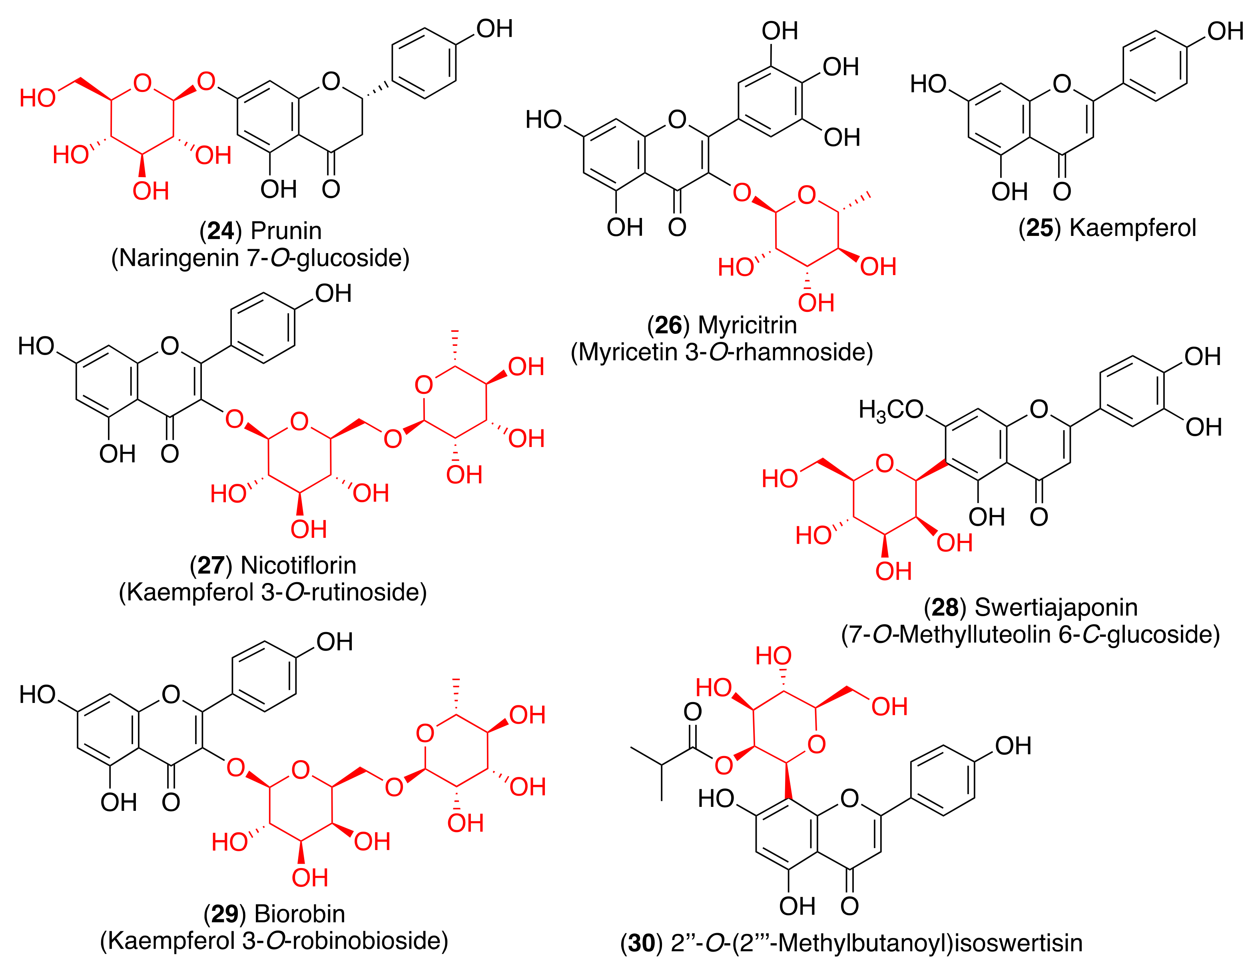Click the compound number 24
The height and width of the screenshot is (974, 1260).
pyautogui.click(x=220, y=231)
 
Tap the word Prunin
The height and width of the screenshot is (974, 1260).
pyautogui.click(x=286, y=231)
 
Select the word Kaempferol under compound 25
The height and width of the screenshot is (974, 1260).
pyautogui.click(x=1132, y=228)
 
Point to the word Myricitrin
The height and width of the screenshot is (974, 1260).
pyautogui.click(x=747, y=325)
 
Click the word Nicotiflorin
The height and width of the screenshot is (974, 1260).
pyautogui.click(x=298, y=565)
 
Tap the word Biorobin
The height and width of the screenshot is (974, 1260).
pyautogui.click(x=299, y=914)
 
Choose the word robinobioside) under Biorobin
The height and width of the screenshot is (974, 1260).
pyautogui.click(x=370, y=941)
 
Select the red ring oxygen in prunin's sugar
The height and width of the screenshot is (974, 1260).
pyautogui.click(x=142, y=82)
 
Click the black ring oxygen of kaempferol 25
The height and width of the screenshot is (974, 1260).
pyautogui.click(x=1062, y=84)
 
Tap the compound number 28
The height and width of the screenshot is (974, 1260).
pyautogui.click(x=945, y=608)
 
